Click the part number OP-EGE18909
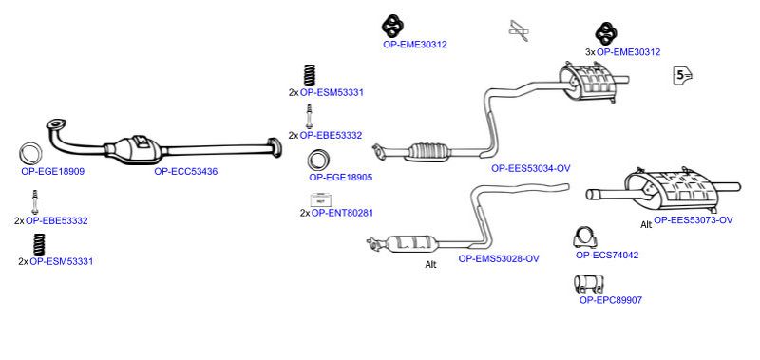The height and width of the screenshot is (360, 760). pyautogui.click(x=53, y=171)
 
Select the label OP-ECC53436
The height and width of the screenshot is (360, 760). pyautogui.click(x=185, y=171)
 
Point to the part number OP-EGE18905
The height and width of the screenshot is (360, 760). pyautogui.click(x=341, y=178)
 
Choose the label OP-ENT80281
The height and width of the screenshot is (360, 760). pyautogui.click(x=342, y=212)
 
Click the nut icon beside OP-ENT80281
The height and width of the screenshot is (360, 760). pyautogui.click(x=319, y=199)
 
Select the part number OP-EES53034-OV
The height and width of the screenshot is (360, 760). pyautogui.click(x=531, y=168)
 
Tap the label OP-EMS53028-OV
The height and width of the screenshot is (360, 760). pyautogui.click(x=499, y=258)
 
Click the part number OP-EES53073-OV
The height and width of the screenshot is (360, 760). pyautogui.click(x=693, y=220)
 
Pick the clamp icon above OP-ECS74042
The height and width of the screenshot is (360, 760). pyautogui.click(x=585, y=236)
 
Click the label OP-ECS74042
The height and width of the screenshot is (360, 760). pyautogui.click(x=607, y=255)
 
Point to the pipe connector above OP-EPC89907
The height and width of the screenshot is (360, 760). pyautogui.click(x=588, y=284)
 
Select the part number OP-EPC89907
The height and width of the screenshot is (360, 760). pyautogui.click(x=611, y=300)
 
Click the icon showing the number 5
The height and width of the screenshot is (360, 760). pyautogui.click(x=682, y=75)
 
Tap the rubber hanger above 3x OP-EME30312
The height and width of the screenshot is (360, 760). pyautogui.click(x=605, y=33)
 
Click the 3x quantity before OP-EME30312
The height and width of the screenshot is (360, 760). pyautogui.click(x=590, y=52)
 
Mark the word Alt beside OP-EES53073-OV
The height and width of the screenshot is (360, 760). pyautogui.click(x=646, y=225)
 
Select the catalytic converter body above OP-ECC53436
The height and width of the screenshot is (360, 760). pyautogui.click(x=138, y=148)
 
